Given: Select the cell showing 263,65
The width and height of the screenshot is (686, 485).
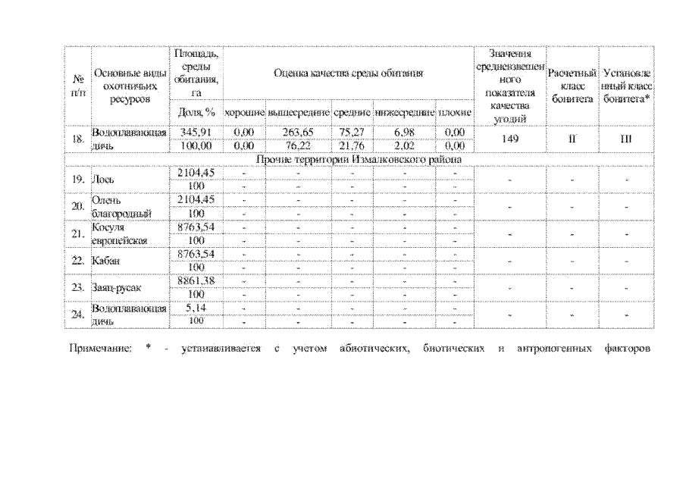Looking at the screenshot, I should (x=298, y=132).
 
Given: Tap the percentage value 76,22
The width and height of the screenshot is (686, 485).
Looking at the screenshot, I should (x=298, y=145).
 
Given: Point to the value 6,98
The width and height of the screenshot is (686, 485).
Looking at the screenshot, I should (x=404, y=132).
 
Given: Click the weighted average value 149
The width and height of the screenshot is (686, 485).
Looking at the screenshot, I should (x=509, y=139).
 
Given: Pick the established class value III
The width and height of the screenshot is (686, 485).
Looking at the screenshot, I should (x=626, y=139).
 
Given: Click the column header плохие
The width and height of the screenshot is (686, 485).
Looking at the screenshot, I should (x=455, y=112).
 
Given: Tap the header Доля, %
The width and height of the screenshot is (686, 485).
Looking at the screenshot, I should (x=196, y=112).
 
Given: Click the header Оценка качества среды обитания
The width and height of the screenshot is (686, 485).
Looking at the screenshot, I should (x=349, y=74).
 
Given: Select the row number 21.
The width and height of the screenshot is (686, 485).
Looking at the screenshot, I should (x=77, y=233).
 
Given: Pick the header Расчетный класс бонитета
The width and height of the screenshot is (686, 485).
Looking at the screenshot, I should (x=572, y=87).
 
